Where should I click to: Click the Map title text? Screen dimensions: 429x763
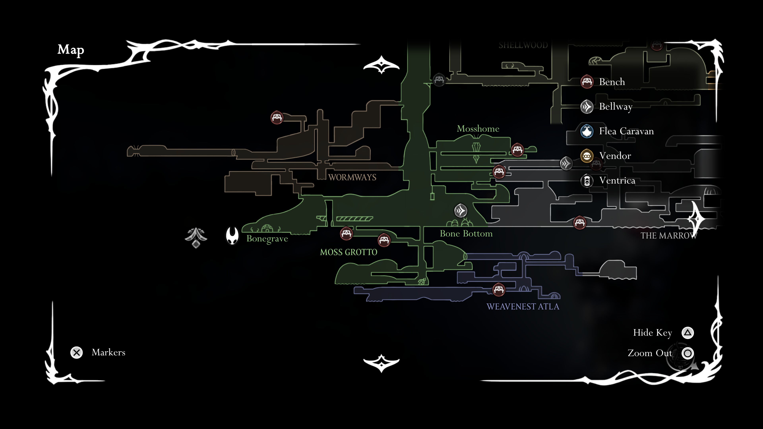pyautogui.click(x=71, y=50)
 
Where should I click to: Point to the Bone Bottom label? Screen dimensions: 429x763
pyautogui.click(x=466, y=234)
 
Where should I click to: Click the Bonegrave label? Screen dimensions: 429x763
pyautogui.click(x=267, y=239)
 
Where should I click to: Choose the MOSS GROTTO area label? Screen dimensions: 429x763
pyautogui.click(x=349, y=252)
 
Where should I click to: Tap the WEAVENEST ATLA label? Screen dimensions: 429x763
pyautogui.click(x=523, y=307)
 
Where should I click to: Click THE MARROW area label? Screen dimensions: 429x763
pyautogui.click(x=668, y=236)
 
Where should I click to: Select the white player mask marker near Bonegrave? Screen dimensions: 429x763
pyautogui.click(x=232, y=236)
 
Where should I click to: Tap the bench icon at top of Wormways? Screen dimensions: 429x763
pyautogui.click(x=277, y=118)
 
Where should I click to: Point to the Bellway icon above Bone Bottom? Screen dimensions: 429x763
pyautogui.click(x=461, y=211)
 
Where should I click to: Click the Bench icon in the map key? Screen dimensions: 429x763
pyautogui.click(x=587, y=82)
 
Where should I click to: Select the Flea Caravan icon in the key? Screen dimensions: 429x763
pyautogui.click(x=587, y=131)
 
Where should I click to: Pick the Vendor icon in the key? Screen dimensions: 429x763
pyautogui.click(x=587, y=156)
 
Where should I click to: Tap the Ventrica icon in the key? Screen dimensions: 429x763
pyautogui.click(x=587, y=181)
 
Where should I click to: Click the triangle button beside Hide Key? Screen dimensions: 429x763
pyautogui.click(x=687, y=333)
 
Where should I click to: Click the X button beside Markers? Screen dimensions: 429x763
pyautogui.click(x=76, y=353)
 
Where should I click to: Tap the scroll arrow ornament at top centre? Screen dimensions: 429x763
pyautogui.click(x=381, y=65)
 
